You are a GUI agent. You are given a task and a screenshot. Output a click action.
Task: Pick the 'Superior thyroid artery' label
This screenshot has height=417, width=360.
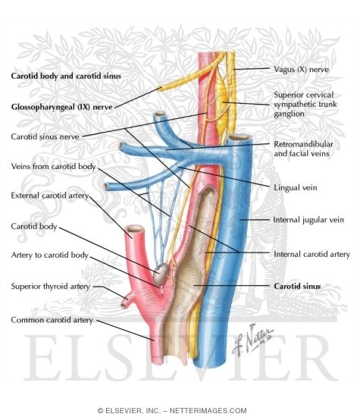(x=50, y=287)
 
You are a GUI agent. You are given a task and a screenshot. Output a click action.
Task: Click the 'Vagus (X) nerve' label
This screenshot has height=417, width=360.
(x=302, y=68)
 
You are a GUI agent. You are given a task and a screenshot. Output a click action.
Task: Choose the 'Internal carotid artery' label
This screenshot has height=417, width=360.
(x=311, y=255)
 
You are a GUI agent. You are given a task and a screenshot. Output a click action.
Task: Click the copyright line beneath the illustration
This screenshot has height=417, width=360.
(x=180, y=409)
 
